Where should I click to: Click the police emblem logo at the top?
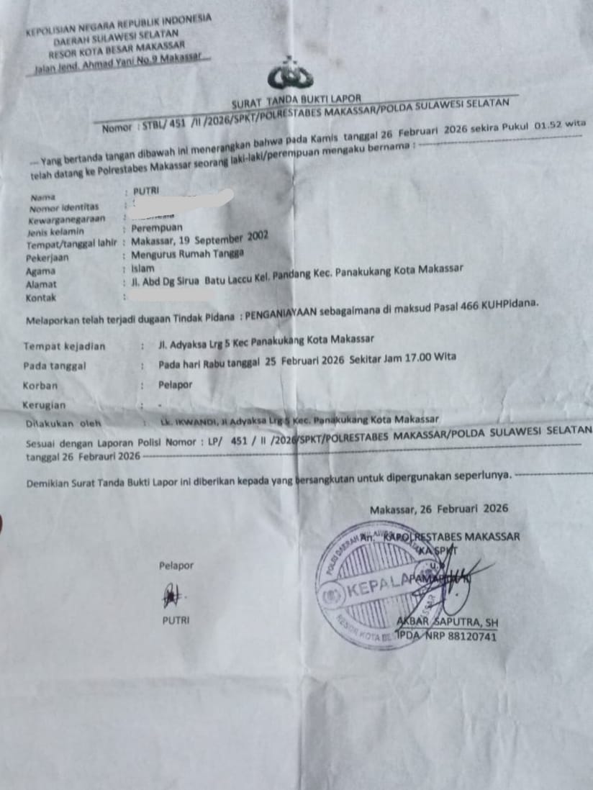[290, 75]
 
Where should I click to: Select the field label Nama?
[42, 196]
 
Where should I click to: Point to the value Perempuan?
[157, 229]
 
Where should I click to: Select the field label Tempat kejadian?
[64, 346]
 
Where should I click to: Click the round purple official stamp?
[378, 586]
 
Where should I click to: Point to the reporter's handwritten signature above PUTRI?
[171, 595]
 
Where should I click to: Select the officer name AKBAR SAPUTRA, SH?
[447, 622]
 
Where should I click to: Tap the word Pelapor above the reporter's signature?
[176, 566]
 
